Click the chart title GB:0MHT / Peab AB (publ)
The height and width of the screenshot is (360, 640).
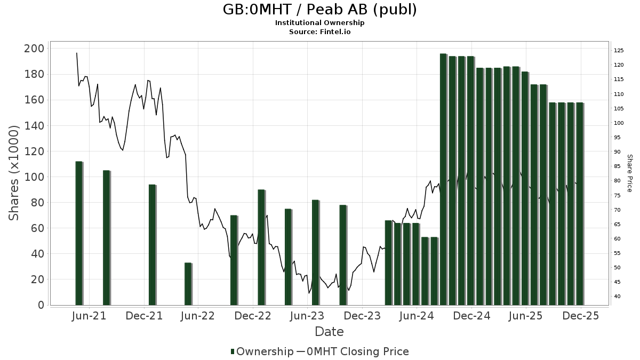click(319, 10)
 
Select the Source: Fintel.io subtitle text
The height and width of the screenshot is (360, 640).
click(319, 31)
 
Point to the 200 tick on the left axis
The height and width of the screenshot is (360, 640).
click(35, 49)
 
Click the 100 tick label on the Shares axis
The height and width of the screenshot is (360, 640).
click(35, 177)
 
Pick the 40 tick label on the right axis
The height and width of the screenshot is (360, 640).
click(617, 297)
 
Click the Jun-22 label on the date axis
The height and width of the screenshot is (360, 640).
click(197, 316)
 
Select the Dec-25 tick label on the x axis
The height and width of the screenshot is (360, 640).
click(581, 316)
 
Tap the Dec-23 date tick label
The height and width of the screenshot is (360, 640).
click(362, 316)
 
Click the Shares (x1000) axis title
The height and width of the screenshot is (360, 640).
click(14, 173)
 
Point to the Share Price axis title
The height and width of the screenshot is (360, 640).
click(629, 173)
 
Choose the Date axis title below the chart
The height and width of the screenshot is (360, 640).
click(329, 332)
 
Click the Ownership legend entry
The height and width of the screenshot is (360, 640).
click(262, 351)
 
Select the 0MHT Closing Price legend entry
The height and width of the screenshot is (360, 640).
click(353, 351)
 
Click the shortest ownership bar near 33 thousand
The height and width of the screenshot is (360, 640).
click(188, 284)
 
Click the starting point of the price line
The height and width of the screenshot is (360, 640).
click(77, 53)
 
